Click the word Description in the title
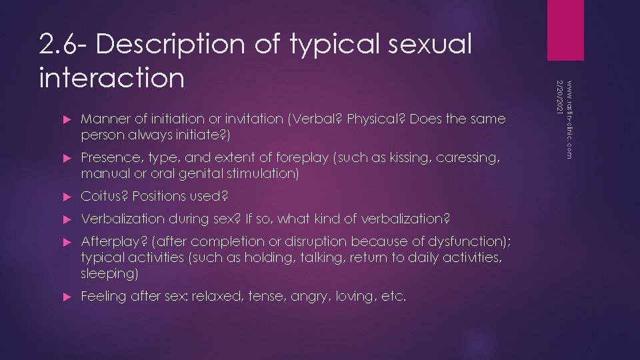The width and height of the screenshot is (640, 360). tap(173, 45)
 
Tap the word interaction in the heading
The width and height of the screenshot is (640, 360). tap(111, 77)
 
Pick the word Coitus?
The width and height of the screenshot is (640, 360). tap(101, 196)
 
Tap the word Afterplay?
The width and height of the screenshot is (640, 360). tap(107, 241)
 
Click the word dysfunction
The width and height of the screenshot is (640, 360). tap(465, 241)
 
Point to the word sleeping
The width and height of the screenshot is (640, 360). tap(106, 273)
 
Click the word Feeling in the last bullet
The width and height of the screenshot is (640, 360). tap(101, 296)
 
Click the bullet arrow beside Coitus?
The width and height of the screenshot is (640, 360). tap(66, 196)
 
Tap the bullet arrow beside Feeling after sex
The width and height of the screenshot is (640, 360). tap(66, 296)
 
